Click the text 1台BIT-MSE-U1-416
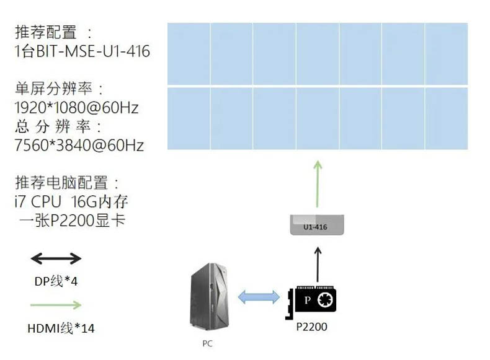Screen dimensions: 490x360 pos(82,51)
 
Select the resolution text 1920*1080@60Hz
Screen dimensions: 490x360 pos(76,108)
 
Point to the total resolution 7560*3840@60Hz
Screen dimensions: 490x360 pos(79,146)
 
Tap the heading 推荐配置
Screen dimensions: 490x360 pos(46,32)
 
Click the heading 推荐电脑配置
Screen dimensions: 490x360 pos(61,183)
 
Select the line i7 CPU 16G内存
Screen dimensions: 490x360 pos(71,202)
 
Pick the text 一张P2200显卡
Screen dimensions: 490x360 pos(72,221)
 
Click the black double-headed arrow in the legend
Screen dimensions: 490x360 pos(56,258)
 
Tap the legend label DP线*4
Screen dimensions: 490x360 pos(56,281)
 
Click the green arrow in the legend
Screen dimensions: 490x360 pos(56,305)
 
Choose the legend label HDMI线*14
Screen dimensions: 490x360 pos(61,328)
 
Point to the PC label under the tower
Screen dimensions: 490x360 pos(208,343)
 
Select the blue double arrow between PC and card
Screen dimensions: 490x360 pos(259,297)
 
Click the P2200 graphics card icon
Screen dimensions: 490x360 pos(311,302)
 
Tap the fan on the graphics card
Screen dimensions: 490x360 pos(325,301)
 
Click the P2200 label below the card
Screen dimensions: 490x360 pos(311,327)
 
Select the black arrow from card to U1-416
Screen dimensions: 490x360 pos(318,265)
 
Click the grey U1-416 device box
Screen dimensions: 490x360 pos(317,225)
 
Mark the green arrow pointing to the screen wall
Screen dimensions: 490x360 pos(318,184)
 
